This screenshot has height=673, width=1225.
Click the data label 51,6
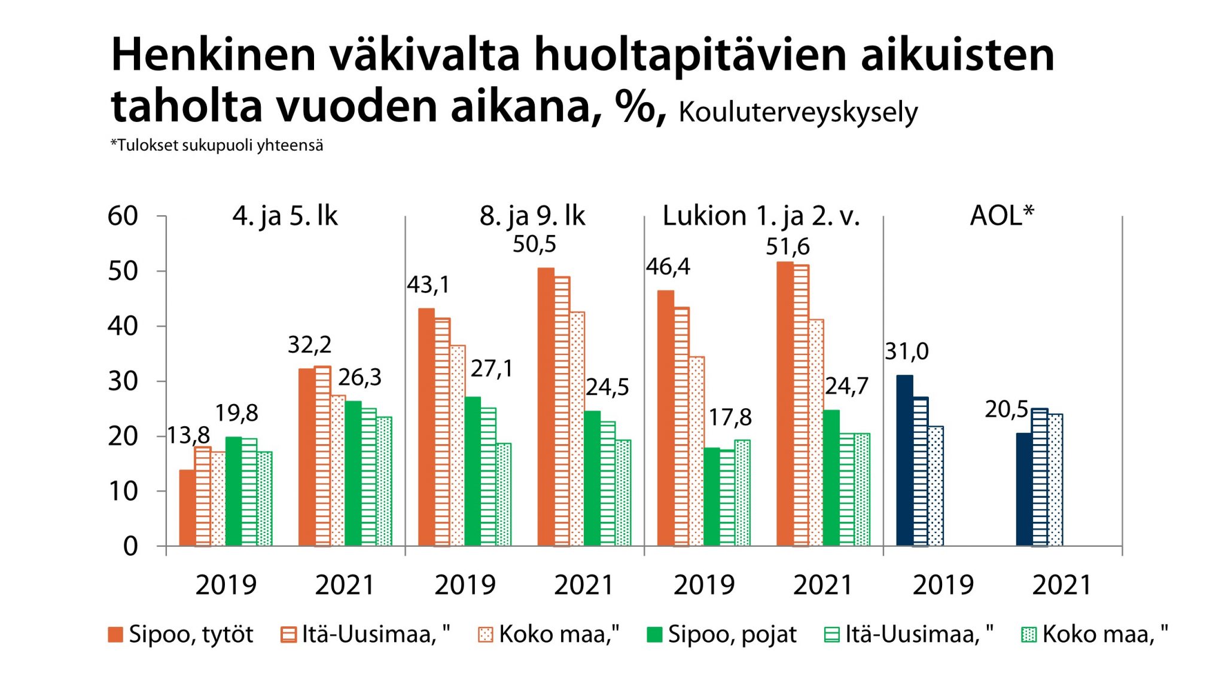coord(788,247)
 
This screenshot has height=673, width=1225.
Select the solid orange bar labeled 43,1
coord(426,427)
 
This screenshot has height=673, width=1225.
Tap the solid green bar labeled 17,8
coord(712,497)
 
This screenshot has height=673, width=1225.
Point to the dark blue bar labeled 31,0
coord(904,460)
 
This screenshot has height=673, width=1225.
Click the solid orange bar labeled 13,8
coord(187,508)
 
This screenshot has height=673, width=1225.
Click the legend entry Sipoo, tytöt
coord(181,634)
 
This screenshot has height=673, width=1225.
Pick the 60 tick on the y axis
coord(123,216)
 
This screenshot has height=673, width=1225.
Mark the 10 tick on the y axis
coord(123,491)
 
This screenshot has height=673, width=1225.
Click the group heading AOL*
coord(1002,215)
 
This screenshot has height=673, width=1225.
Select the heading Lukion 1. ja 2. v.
coord(761,216)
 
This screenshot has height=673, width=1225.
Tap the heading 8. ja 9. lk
coord(532,216)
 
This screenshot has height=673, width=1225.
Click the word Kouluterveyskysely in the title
coord(798,112)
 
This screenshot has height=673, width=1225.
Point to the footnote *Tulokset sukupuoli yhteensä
coord(217,145)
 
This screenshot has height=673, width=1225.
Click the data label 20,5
coord(1006,409)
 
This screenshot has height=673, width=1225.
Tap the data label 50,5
coord(534,244)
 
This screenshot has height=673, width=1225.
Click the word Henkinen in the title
coord(213,56)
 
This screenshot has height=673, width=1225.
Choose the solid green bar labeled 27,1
coord(473,471)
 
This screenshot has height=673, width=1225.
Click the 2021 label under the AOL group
coord(1062,585)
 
